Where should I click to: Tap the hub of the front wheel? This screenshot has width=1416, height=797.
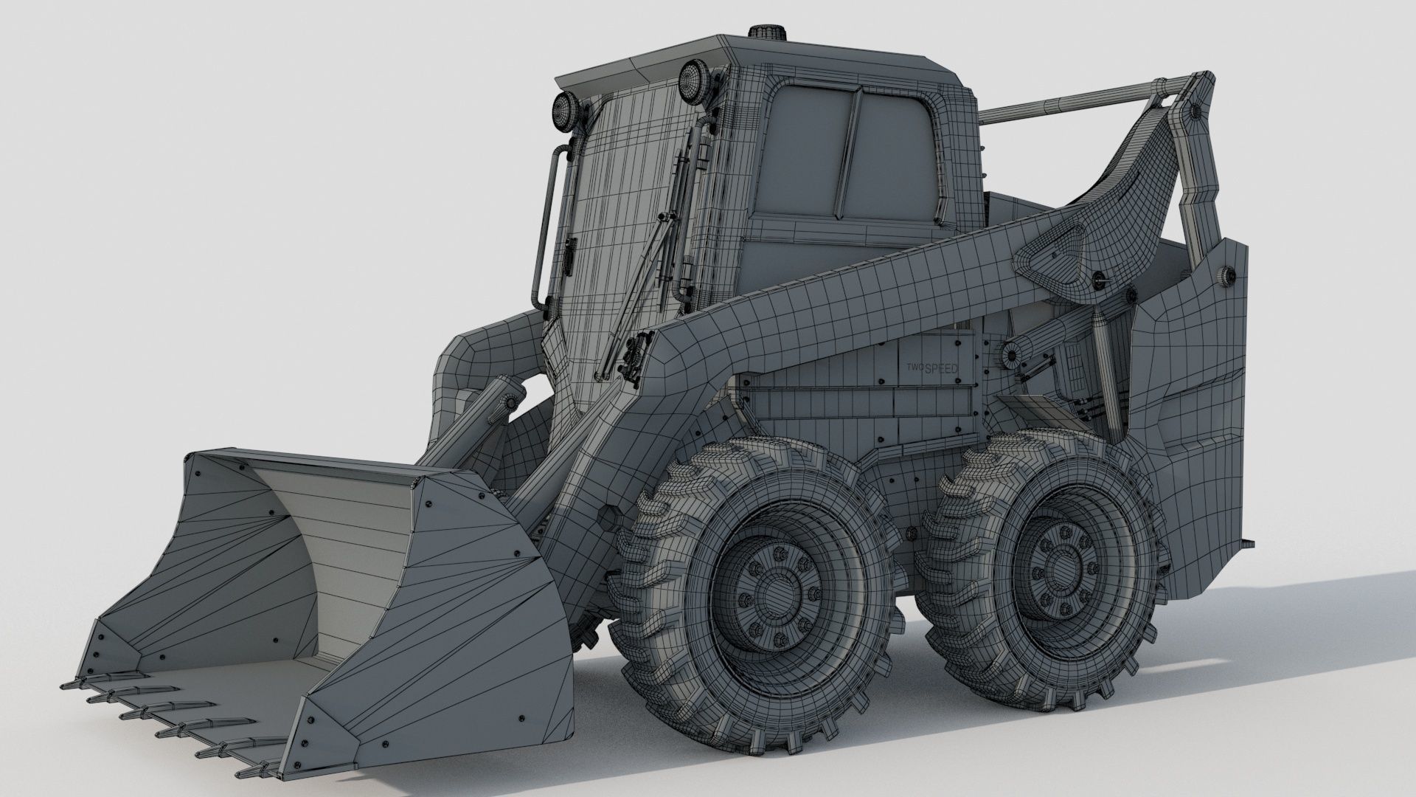pyautogui.click(x=772, y=590)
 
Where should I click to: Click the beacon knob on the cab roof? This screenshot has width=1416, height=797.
pyautogui.click(x=764, y=35)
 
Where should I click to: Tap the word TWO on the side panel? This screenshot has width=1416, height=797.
pyautogui.click(x=915, y=367)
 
